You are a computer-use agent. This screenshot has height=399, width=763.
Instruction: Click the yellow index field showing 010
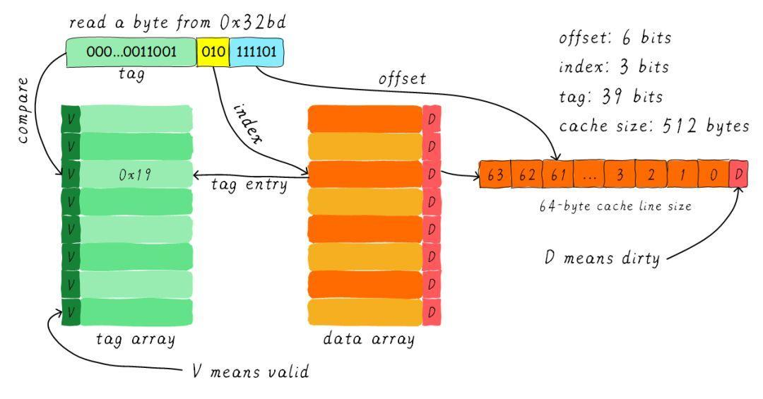(x=213, y=52)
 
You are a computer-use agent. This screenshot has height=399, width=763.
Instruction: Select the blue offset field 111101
(x=256, y=52)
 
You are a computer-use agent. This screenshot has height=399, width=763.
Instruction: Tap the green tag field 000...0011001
(x=131, y=52)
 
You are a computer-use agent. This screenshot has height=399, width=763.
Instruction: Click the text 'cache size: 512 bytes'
(x=654, y=126)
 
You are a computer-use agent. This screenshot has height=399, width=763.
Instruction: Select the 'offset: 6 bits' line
(x=615, y=37)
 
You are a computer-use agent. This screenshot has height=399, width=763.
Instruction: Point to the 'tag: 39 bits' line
(x=611, y=96)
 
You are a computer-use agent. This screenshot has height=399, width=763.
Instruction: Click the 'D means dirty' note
(x=602, y=257)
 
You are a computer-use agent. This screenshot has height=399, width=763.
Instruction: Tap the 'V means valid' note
(x=251, y=371)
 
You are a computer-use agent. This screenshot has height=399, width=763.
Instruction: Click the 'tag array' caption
(x=135, y=339)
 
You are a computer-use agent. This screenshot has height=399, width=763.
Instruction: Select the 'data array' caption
(x=369, y=339)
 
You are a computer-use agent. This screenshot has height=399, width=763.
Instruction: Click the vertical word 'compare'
(x=23, y=110)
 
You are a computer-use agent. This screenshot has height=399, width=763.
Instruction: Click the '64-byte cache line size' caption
(x=615, y=206)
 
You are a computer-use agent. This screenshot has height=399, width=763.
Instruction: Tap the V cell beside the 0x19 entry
(x=71, y=174)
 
